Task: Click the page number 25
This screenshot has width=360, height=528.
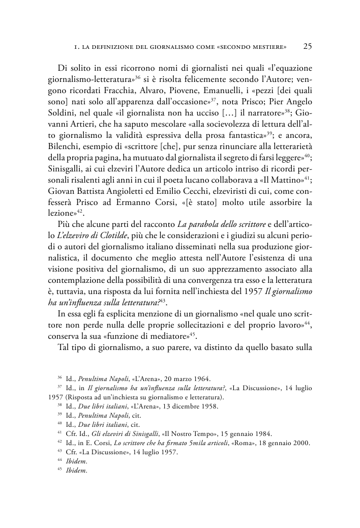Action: (x=307, y=46)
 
